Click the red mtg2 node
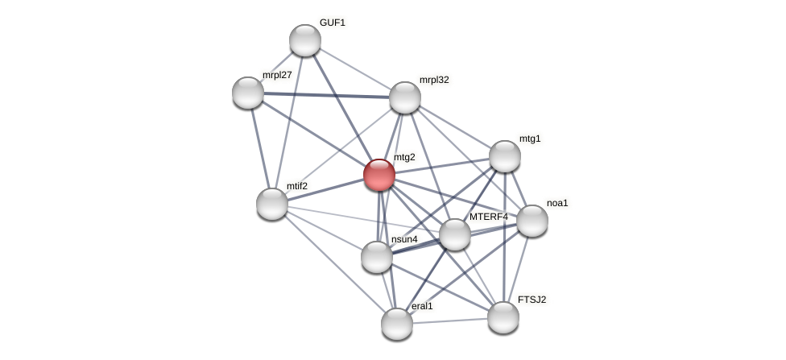coord(379,175)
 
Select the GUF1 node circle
coord(305,40)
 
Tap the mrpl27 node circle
coord(248,93)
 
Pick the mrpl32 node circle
coord(405,97)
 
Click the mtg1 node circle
coord(505,156)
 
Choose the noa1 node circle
coord(532,221)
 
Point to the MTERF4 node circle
coord(455,234)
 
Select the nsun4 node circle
coord(377,257)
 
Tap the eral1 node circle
coord(397,324)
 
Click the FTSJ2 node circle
coord(503,317)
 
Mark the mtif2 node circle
coord(272,204)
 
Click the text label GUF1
coord(332,23)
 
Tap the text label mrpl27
coord(277,75)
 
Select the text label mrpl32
coord(434,80)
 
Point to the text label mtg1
coord(530,139)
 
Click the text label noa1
coord(557,203)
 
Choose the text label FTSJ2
coord(532,300)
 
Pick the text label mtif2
coord(297,186)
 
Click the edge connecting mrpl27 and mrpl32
coord(326,95)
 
